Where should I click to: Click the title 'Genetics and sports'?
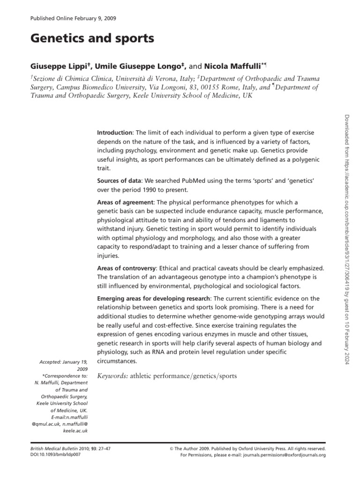click(x=92, y=39)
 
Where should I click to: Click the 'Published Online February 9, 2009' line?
click(x=73, y=18)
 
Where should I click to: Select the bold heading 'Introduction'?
click(x=114, y=132)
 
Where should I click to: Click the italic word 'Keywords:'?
click(x=112, y=376)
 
